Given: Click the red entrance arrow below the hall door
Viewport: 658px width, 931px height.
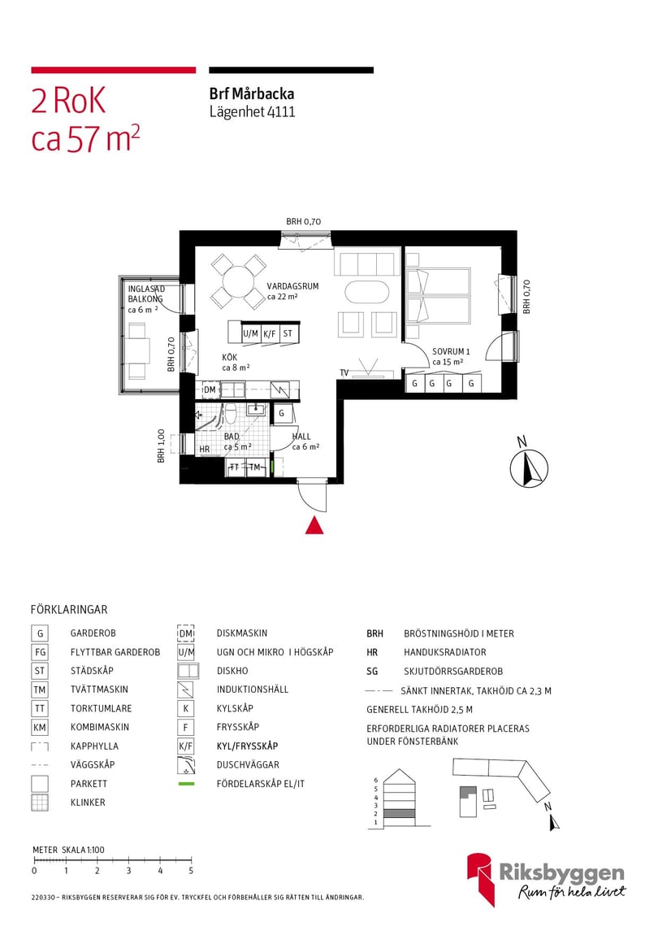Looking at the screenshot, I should tap(314, 526).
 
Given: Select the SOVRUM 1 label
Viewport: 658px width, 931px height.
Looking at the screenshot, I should tap(451, 351).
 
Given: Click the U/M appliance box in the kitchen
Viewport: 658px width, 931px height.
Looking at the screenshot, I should tap(251, 333).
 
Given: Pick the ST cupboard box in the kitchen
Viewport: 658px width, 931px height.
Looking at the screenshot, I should tap(288, 333).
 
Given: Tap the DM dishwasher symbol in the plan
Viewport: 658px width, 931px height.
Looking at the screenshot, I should tap(210, 390).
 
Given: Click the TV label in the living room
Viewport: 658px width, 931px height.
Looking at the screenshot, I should tap(344, 372).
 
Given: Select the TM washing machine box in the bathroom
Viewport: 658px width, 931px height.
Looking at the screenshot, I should tap(255, 467).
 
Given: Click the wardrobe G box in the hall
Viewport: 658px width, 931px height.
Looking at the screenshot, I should tap(281, 413).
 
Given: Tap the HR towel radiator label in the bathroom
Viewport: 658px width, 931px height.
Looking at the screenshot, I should tap(205, 449).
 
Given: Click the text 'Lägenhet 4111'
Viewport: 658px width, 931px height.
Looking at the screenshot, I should tap(252, 112).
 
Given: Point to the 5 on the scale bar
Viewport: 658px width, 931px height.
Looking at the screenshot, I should tap(191, 871).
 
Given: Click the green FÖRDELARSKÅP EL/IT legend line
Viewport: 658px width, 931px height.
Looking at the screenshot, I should tap(186, 784).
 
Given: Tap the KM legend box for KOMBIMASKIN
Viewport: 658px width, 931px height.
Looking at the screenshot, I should tap(40, 727).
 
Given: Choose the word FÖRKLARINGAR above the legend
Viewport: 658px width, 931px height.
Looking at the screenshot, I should tap(69, 609).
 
